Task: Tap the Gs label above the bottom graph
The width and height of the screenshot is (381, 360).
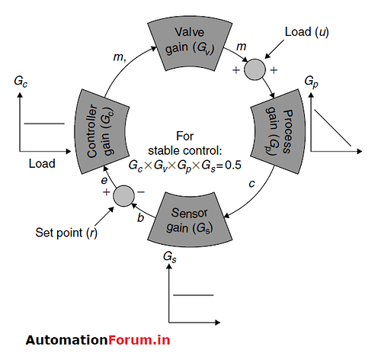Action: tap(170, 257)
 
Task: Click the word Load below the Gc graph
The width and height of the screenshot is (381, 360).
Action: tap(42, 163)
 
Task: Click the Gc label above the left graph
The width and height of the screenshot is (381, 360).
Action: tap(20, 79)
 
